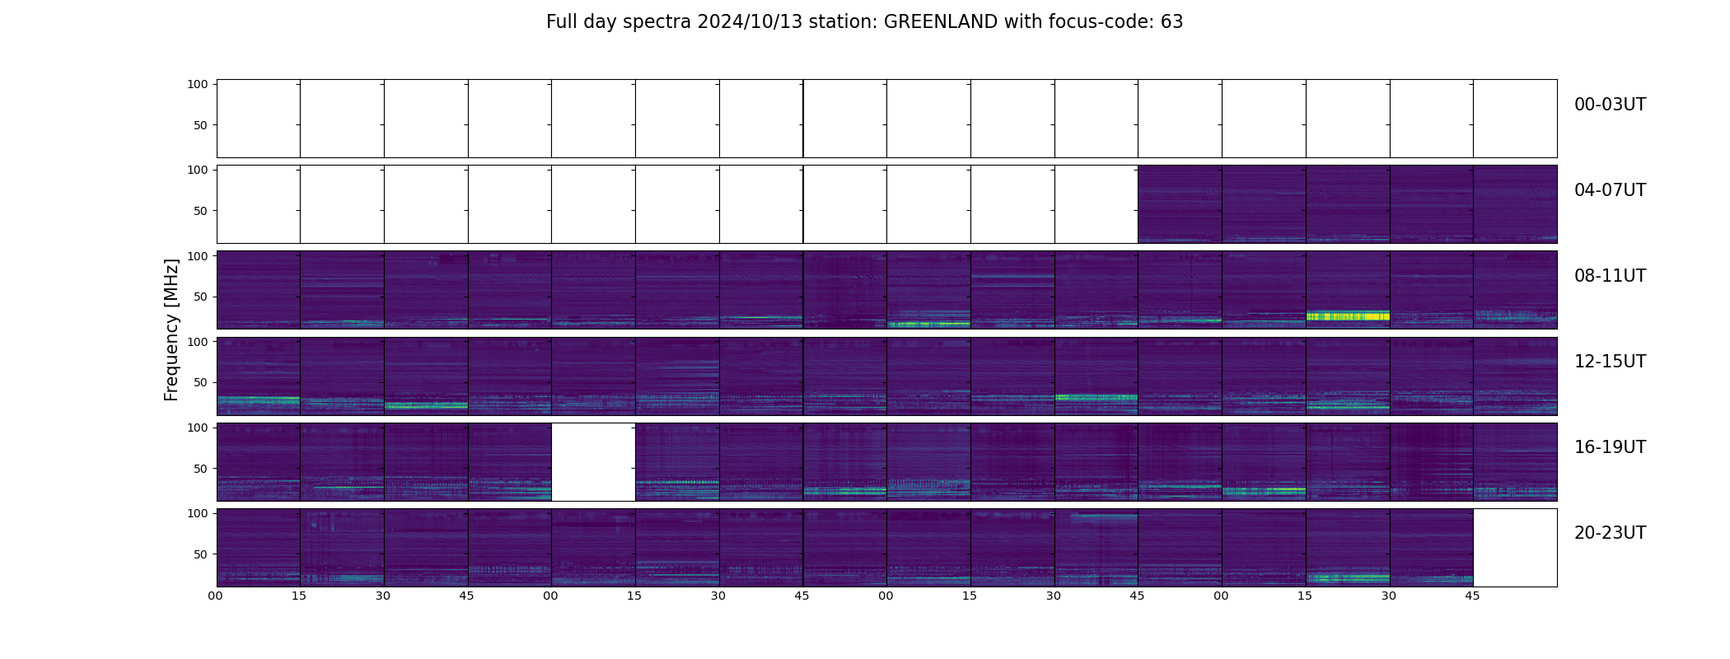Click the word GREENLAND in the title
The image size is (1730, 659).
(x=940, y=22)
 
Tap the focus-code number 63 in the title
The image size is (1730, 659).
(x=1171, y=22)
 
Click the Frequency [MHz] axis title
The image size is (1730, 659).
(x=171, y=329)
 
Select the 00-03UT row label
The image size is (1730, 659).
(x=1610, y=105)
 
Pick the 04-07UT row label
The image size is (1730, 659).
(x=1610, y=190)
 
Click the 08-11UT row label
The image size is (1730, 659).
(x=1610, y=276)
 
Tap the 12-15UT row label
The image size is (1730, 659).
(x=1610, y=362)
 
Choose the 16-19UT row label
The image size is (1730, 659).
(x=1610, y=447)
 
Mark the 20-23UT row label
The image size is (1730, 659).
(x=1610, y=533)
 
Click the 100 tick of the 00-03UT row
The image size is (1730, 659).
(x=198, y=84)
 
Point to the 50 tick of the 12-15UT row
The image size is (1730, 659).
(x=200, y=382)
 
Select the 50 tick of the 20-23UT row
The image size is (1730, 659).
(x=200, y=554)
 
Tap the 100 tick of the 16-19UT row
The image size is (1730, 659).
(x=198, y=428)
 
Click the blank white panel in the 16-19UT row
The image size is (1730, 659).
(x=593, y=462)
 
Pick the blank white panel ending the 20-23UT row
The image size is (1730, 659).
(x=1514, y=548)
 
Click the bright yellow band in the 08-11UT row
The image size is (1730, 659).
(x=1348, y=315)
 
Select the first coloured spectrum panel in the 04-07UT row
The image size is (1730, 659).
(x=1180, y=204)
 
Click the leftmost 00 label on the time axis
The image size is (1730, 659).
(x=216, y=596)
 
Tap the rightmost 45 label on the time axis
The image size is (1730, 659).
(x=1472, y=596)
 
